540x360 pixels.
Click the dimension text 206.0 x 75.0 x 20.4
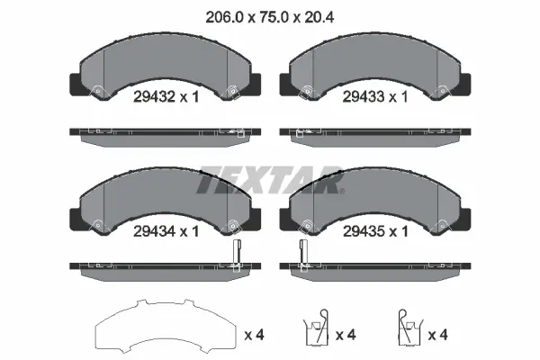pos(270,17)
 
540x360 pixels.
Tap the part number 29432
pos(155,97)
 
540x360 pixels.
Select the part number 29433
pos(364,97)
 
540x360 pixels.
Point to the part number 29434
pos(155,231)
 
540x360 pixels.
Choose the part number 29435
pos(364,231)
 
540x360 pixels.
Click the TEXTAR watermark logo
pos(270,180)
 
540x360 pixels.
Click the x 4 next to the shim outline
pos(254,335)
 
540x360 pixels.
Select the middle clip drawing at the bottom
pos(316,328)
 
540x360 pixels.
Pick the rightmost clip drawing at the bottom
pos(409,328)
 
